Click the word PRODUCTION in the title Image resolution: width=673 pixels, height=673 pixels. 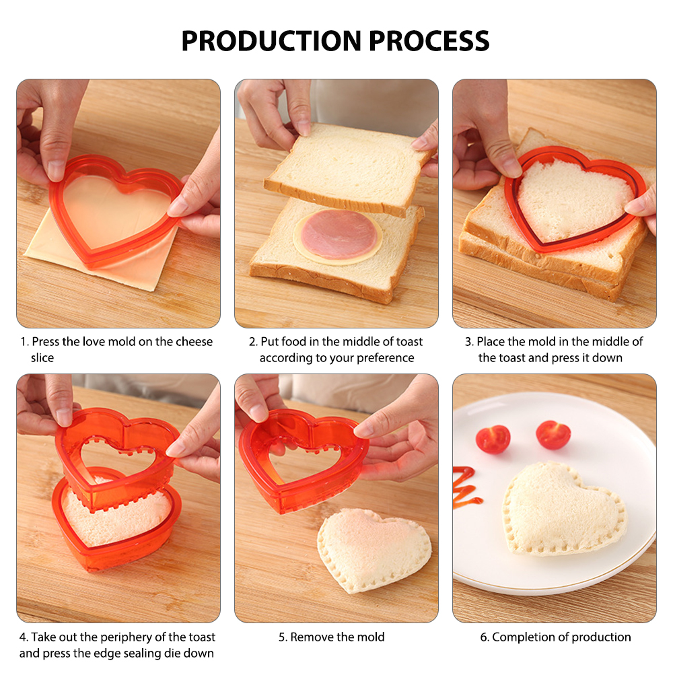click(272, 41)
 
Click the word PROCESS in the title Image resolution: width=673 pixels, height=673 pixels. click(429, 41)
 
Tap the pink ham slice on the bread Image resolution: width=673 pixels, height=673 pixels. click(339, 234)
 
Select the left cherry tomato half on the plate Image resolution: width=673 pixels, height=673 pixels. click(493, 439)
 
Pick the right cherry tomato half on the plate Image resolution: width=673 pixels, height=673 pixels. click(553, 434)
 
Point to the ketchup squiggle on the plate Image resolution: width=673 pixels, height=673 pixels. click(466, 487)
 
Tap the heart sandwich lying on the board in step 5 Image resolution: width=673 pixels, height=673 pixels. click(374, 549)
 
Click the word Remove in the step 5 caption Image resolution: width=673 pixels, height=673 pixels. click(311, 637)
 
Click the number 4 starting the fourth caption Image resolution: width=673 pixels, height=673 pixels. click(23, 637)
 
